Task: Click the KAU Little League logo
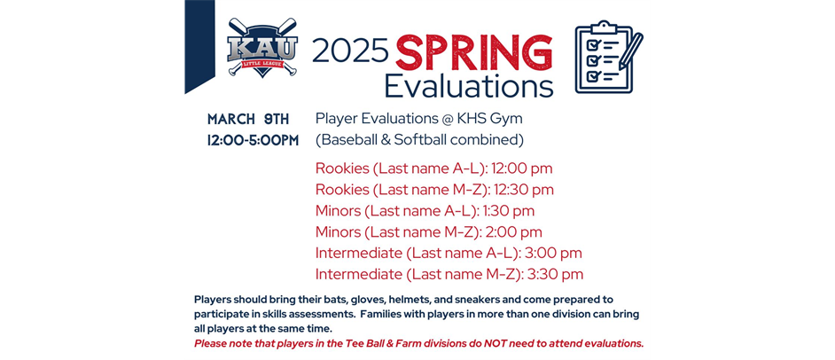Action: (262, 47)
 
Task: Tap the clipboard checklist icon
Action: (609, 57)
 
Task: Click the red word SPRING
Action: (474, 52)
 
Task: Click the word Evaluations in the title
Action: (469, 86)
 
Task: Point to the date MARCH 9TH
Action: (248, 120)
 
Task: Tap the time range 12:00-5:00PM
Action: (253, 141)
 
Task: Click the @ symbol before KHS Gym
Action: (449, 120)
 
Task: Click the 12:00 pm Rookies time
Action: (522, 168)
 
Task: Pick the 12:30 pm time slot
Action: (524, 190)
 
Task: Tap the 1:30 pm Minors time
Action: (509, 211)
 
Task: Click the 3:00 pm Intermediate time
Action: (552, 253)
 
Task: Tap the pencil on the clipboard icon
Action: (630, 51)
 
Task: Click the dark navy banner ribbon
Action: (199, 45)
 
